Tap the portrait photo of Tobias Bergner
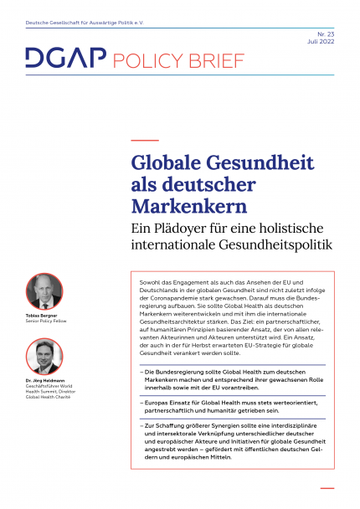pyautogui.click(x=44, y=291)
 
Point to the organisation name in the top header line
pyautogui.click(x=84, y=12)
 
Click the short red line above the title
pyautogui.click(x=145, y=140)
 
